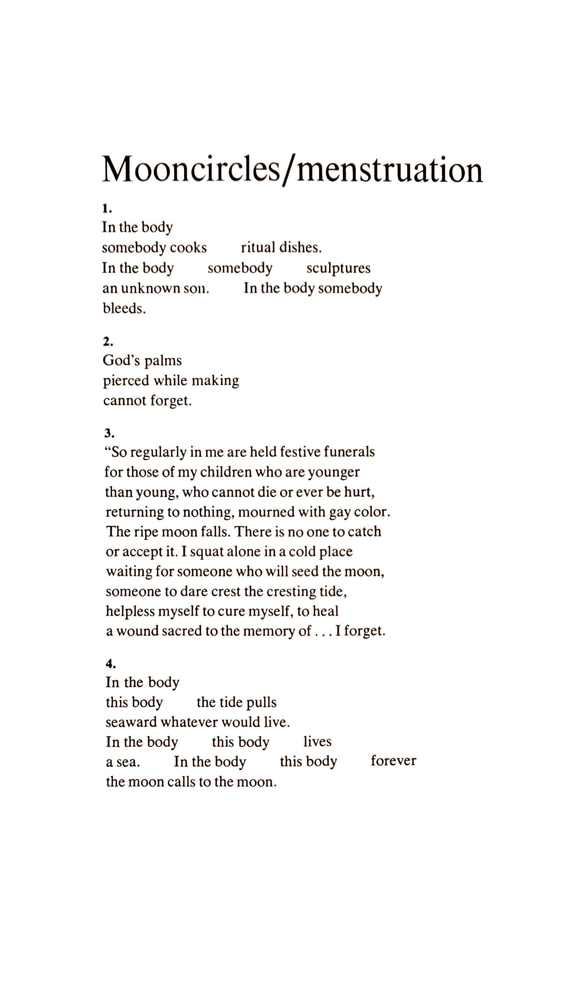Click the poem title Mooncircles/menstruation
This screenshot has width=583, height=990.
coord(292,170)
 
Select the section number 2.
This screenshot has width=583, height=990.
coord(108,342)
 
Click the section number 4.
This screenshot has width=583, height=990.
coord(110,664)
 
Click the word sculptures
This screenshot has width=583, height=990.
coord(338,269)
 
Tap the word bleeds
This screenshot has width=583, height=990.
coord(124,309)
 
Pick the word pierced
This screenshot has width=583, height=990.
coord(126,381)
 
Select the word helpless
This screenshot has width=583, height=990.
coord(130,611)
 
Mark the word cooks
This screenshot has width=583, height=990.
coord(188,248)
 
